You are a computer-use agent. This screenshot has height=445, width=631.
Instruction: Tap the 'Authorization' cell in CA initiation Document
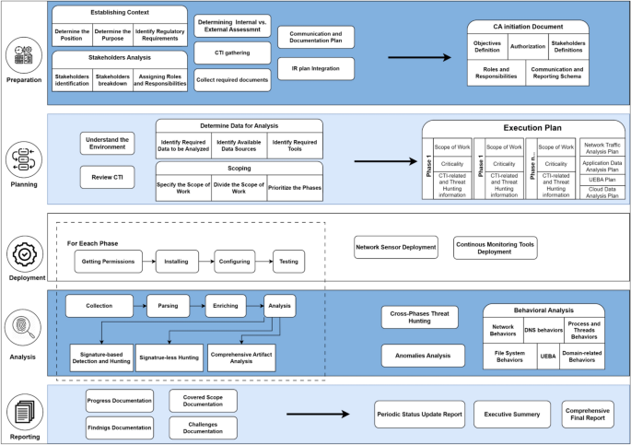click(527, 45)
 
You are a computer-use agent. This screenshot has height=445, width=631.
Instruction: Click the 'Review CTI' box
click(108, 177)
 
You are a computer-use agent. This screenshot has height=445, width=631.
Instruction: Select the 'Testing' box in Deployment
click(287, 262)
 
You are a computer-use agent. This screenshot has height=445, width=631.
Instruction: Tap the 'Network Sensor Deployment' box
click(394, 246)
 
